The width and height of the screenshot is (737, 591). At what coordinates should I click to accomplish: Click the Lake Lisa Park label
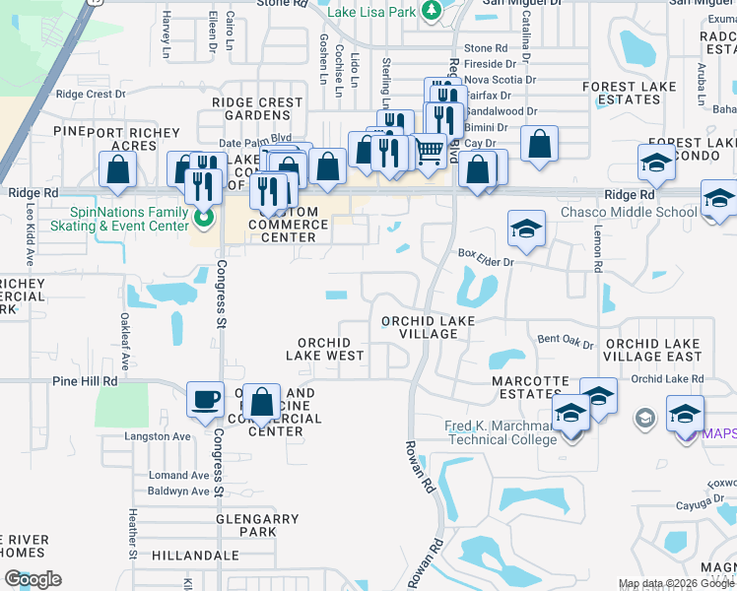[372, 11]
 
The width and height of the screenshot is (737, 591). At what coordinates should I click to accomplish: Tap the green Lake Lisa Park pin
[431, 11]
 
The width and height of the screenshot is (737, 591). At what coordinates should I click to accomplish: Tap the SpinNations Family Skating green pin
[204, 219]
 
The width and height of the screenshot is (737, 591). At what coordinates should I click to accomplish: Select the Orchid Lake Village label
[429, 327]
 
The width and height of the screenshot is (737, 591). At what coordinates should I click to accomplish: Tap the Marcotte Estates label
[530, 387]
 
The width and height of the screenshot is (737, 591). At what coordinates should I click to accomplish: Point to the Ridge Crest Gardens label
[257, 108]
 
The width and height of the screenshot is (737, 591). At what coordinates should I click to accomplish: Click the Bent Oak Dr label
[566, 341]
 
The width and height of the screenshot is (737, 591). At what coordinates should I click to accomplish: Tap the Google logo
[33, 579]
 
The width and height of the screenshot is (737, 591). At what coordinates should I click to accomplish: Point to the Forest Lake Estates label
[629, 93]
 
